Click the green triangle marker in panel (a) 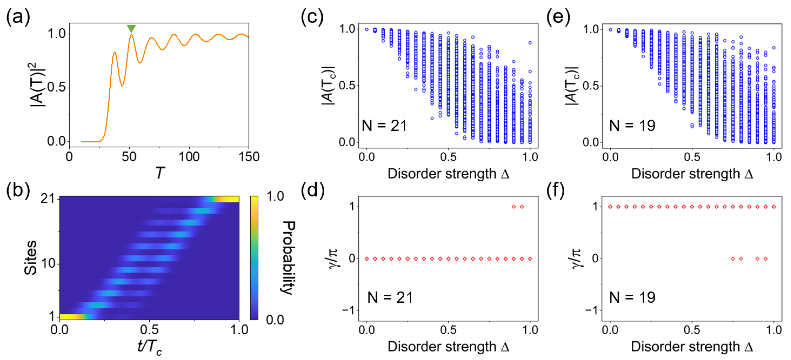click(131, 29)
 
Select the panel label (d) click(312, 190)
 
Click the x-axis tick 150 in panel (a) click(249, 157)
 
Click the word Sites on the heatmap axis click(30, 257)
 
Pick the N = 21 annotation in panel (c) click(384, 126)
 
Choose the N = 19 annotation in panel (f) click(632, 298)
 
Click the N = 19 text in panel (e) click(632, 126)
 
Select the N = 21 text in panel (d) click(390, 298)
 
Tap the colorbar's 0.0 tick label click(275, 320)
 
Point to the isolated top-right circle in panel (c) click(530, 43)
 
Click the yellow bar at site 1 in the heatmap click(71, 317)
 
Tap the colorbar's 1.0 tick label click(275, 196)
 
